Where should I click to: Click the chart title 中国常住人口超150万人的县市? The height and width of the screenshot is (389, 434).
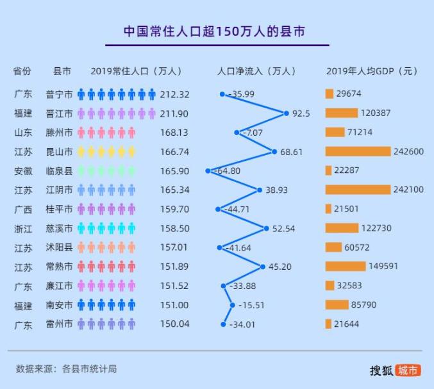(x=217, y=31)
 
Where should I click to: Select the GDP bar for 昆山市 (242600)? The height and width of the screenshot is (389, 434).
(x=358, y=151)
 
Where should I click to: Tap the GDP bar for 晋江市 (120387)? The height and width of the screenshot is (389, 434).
(x=341, y=113)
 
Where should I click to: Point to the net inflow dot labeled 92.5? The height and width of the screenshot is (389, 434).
(x=286, y=113)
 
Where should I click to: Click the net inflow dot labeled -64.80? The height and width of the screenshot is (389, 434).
(x=208, y=170)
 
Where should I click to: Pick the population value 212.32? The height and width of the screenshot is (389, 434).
(x=175, y=94)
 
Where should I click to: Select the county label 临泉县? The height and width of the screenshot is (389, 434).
(x=59, y=171)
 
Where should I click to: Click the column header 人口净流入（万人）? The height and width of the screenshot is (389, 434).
(x=256, y=71)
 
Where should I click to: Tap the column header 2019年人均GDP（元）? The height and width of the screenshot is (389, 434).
(x=372, y=71)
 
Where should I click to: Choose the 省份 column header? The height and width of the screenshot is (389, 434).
(x=22, y=71)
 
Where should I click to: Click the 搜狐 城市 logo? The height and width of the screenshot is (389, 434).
(x=395, y=370)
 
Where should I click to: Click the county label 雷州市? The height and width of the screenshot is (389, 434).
(x=59, y=324)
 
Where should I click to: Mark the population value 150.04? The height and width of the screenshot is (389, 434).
(x=175, y=324)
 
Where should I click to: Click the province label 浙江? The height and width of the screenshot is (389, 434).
(x=22, y=229)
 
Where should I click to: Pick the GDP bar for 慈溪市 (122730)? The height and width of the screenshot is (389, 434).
(x=342, y=228)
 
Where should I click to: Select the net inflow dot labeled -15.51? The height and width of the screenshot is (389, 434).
(x=232, y=305)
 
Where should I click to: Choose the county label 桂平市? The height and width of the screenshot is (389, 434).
(x=59, y=210)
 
